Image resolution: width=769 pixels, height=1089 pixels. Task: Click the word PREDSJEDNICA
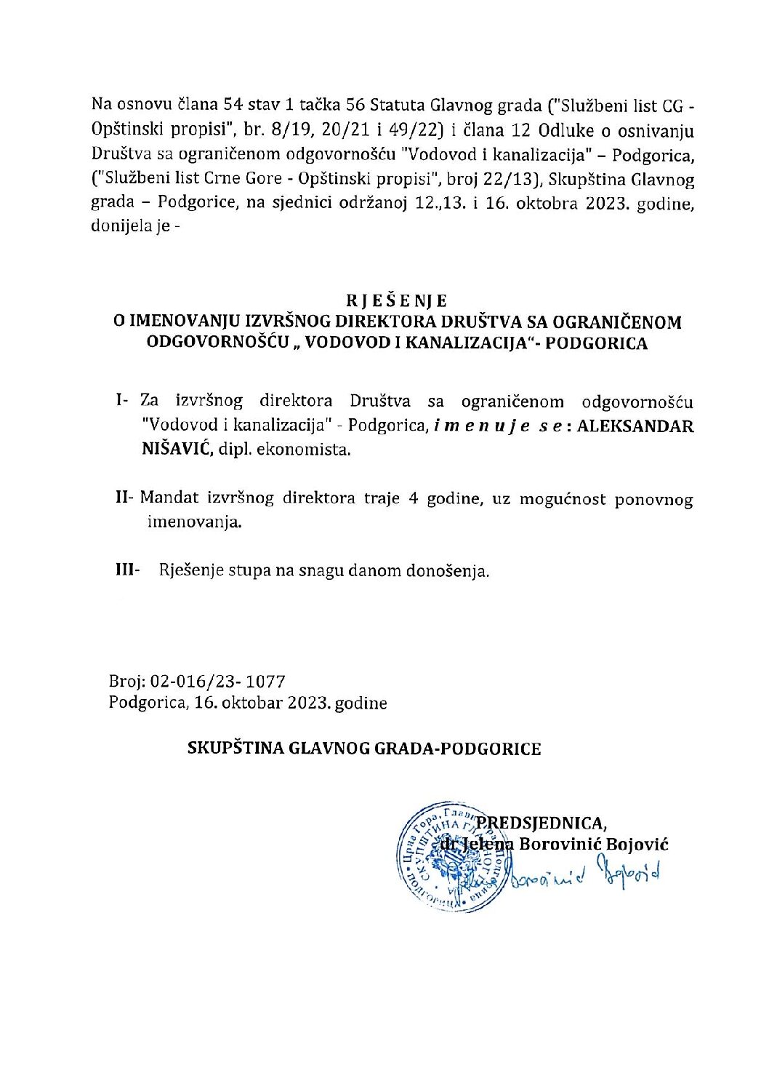coord(541,823)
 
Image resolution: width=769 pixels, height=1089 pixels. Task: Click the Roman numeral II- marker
coord(123,499)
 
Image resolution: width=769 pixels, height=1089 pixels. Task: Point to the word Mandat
coord(166,499)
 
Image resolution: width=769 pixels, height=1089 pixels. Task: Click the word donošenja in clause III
coord(450,572)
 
